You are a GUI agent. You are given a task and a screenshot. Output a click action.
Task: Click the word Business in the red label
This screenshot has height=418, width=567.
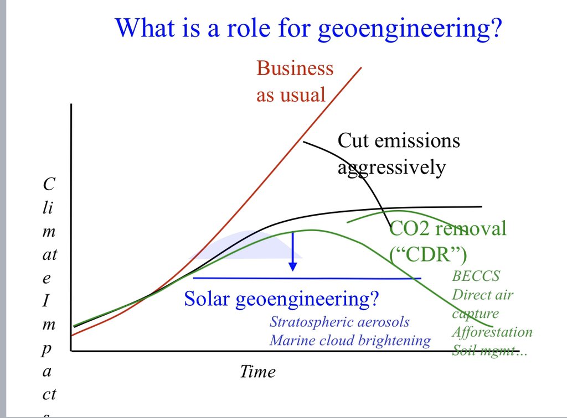tap(295, 68)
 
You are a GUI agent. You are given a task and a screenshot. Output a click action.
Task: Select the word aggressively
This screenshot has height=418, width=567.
tap(391, 167)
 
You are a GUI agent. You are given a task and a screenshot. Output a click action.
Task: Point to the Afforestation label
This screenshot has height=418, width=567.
tap(492, 332)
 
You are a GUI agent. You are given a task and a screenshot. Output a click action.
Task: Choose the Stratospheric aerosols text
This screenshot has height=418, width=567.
tap(340, 322)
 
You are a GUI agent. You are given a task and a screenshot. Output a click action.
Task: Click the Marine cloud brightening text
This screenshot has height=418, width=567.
tap(350, 340)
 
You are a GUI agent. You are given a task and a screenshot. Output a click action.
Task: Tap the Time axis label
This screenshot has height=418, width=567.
tap(257, 372)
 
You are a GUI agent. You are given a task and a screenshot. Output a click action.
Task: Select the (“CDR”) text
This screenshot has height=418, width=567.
tap(428, 254)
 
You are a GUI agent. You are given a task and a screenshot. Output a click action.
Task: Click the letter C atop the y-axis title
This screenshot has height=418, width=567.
tap(48, 185)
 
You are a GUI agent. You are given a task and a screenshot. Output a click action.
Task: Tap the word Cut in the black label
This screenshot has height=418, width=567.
tap(353, 140)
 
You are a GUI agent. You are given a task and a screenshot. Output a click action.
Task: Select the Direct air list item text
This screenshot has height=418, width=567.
tap(482, 295)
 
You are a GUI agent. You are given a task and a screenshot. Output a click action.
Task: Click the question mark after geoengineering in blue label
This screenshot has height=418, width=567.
tap(375, 300)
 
